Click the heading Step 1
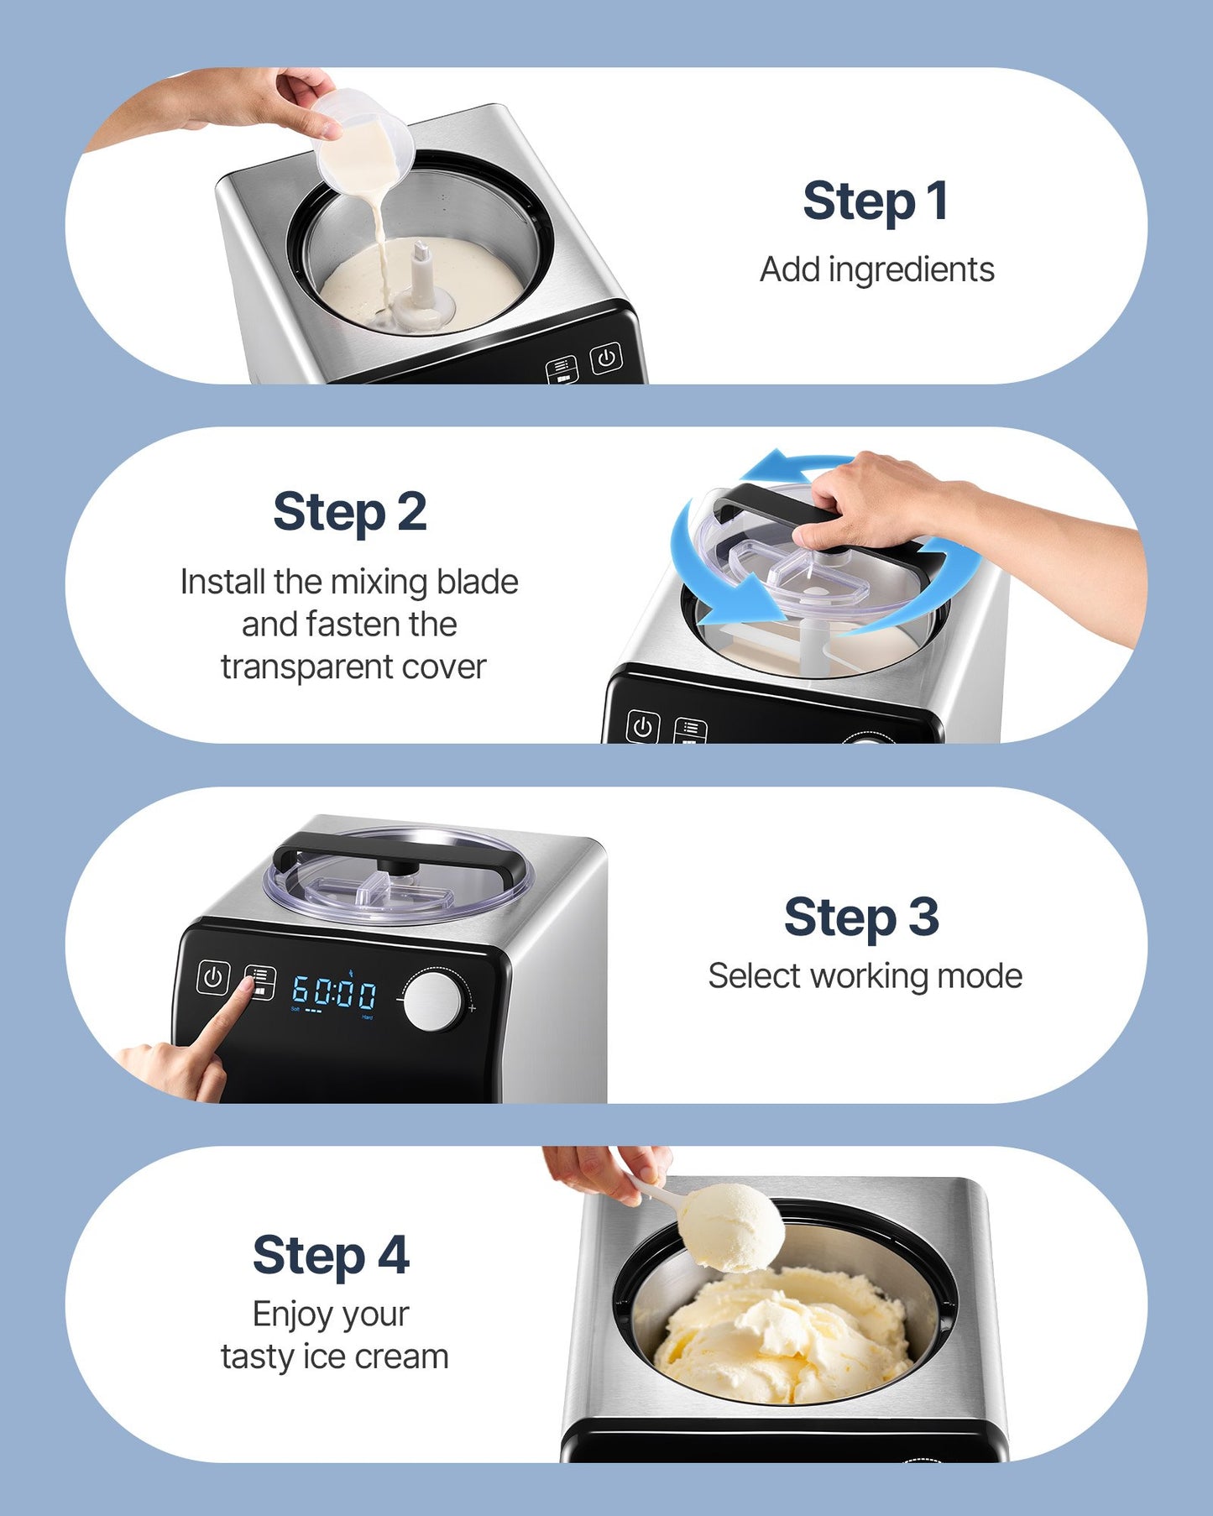click(876, 201)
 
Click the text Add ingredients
click(876, 270)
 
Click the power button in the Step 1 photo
click(606, 358)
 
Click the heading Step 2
click(350, 512)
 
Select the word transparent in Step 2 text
click(306, 667)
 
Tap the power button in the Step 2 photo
click(643, 727)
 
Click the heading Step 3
click(861, 917)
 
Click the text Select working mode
click(865, 976)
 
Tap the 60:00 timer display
click(334, 992)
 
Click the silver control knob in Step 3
click(433, 1001)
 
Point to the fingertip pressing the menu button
click(247, 985)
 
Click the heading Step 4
click(331, 1256)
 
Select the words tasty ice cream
click(334, 1357)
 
